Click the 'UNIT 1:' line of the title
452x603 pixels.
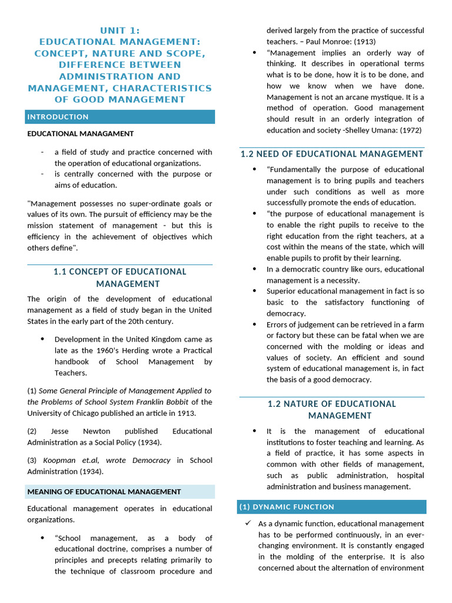[119, 31]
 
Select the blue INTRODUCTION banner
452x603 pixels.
[119, 117]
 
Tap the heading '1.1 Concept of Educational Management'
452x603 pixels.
[119, 277]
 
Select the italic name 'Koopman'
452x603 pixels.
[59, 460]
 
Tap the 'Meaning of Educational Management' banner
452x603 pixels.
[119, 492]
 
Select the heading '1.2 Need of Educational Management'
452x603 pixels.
[332, 154]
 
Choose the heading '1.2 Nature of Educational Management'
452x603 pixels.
[332, 409]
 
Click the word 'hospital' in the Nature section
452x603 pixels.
[410, 475]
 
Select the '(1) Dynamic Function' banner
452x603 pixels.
[332, 506]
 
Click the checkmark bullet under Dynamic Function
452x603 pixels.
[248, 523]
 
